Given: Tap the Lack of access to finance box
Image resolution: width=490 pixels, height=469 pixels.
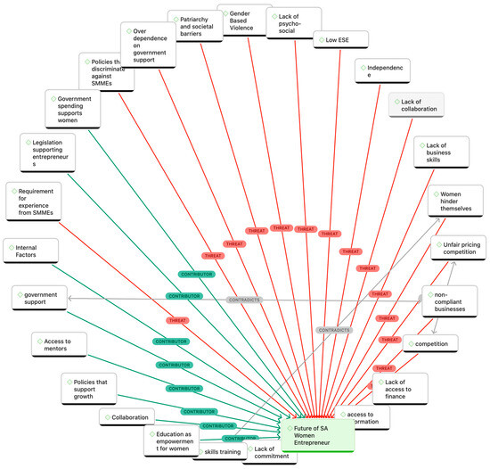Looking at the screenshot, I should click(402, 387).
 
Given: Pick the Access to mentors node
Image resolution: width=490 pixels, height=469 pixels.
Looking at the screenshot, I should click(62, 344).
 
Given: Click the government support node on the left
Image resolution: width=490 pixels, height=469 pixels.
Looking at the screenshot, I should click(40, 297).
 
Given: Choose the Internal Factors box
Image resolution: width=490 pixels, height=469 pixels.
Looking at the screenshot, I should click(31, 250).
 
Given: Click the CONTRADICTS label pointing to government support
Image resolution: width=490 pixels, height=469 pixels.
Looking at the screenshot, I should click(243, 300).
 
